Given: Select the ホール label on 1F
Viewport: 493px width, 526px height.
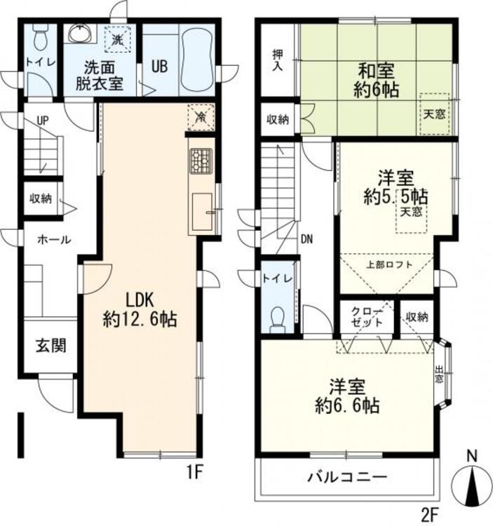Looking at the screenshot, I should coord(53,239).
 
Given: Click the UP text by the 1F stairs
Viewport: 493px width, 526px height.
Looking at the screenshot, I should coord(43,121).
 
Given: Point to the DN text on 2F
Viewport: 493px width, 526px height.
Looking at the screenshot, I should coord(306,238).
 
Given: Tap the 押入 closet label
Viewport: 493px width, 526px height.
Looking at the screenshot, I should coord(276,60).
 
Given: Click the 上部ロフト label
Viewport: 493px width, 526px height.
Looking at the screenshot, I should coord(389,264).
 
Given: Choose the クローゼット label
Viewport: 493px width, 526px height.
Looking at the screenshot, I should coord(368,317).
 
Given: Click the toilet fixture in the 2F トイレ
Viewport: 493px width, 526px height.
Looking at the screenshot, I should coord(279,319).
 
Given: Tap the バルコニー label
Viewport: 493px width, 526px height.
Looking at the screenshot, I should coord(346,478).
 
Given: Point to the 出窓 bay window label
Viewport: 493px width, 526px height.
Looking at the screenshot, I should coord(438,375).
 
